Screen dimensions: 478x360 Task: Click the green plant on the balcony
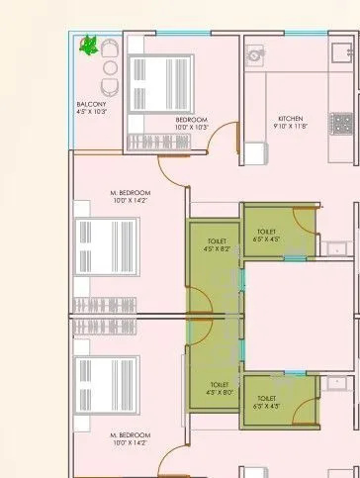(88, 45)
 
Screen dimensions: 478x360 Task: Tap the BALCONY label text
(91, 104)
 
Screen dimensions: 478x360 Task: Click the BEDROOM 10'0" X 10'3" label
(192, 124)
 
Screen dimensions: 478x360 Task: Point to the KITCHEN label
(291, 118)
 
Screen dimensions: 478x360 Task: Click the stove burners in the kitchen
(342, 124)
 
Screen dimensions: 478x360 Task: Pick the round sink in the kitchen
(255, 53)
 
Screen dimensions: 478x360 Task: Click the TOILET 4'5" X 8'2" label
(218, 245)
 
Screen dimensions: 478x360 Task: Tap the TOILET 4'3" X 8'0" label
(219, 388)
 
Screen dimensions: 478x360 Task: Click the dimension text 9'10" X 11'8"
(291, 127)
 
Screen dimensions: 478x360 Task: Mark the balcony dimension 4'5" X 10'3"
(91, 113)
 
